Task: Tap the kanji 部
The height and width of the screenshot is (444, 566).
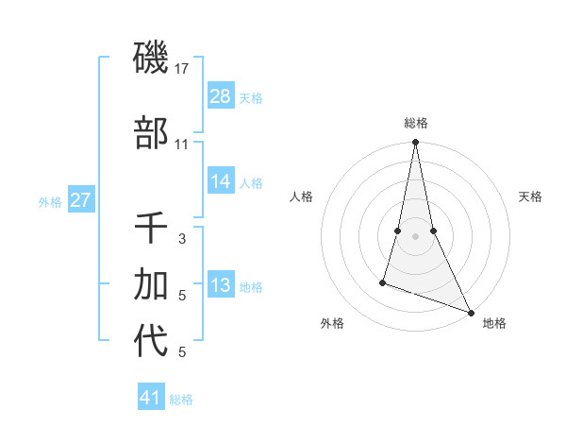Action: pos(151,133)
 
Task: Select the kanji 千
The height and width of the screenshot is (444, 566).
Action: pos(151,229)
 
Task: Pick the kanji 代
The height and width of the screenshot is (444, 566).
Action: pos(151,341)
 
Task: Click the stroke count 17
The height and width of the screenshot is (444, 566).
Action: pos(182,68)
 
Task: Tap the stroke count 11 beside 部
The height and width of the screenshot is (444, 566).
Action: pos(182,144)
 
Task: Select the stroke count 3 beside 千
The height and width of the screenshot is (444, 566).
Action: pos(182,239)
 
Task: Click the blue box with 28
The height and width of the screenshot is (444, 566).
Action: pos(221,96)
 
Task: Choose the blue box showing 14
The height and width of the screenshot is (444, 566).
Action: pos(221,181)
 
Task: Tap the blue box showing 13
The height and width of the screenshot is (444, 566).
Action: pos(221,285)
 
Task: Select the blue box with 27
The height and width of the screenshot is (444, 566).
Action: pos(80,200)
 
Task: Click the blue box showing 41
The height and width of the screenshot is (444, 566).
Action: pos(151,398)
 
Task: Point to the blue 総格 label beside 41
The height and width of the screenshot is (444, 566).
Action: pos(181,400)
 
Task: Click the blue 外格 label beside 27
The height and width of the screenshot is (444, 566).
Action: pos(50,202)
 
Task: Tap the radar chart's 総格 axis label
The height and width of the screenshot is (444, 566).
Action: pos(415,123)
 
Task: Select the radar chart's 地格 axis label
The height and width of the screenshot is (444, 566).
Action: pos(494,323)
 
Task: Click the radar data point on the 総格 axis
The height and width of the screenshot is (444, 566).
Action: pos(415,143)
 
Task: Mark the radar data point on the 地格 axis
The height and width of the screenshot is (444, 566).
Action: pos(470,312)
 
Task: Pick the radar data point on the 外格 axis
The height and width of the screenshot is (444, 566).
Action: pos(384,282)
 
